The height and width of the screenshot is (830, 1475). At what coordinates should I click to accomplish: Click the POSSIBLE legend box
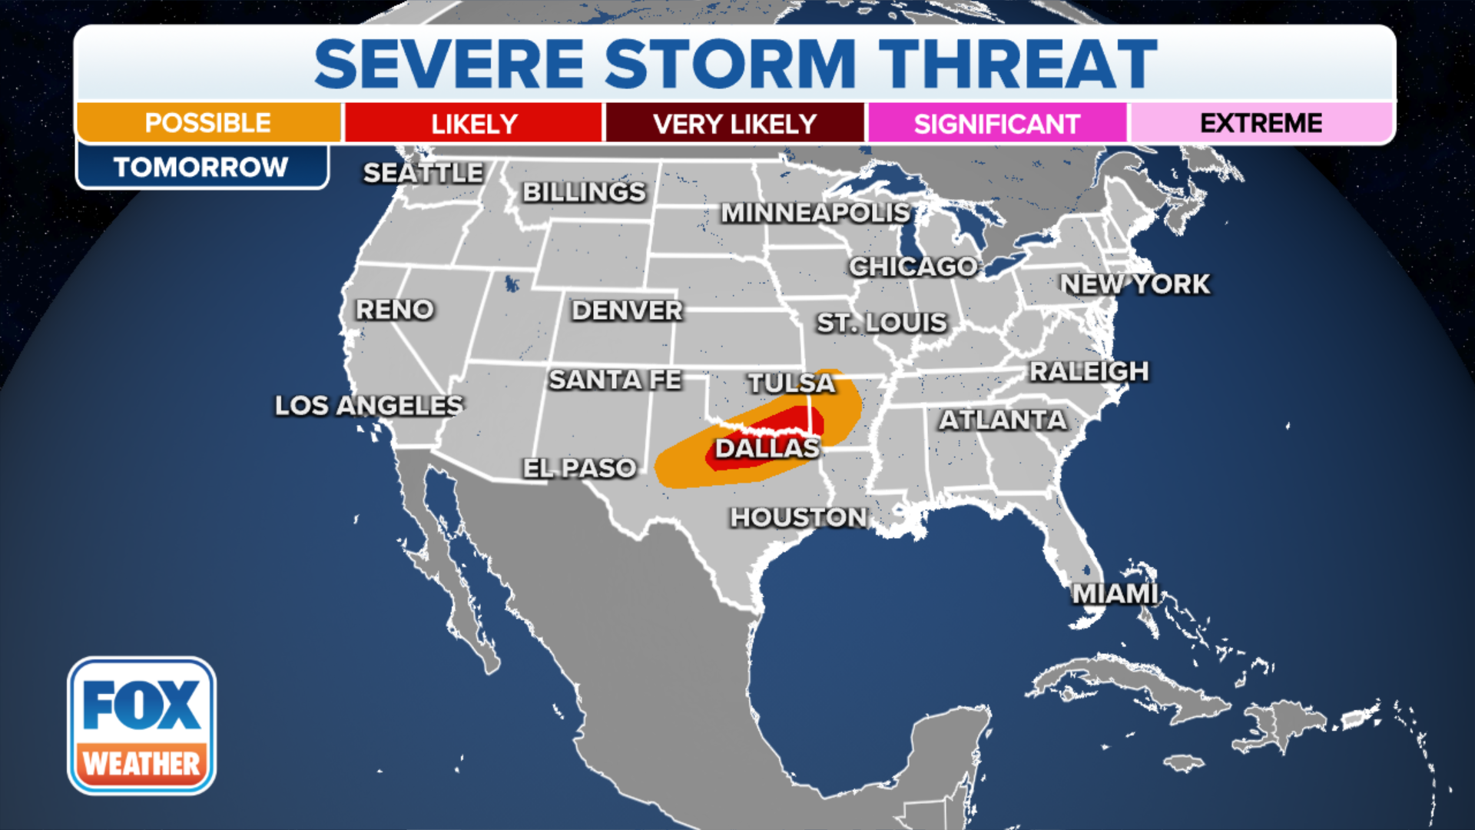click(208, 123)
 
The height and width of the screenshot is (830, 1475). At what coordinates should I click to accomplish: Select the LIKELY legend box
click(473, 124)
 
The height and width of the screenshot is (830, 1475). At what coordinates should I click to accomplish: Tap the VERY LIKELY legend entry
click(735, 124)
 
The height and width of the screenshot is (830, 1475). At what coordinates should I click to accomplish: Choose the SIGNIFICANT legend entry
click(996, 124)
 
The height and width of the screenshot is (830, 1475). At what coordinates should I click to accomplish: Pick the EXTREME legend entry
click(1261, 123)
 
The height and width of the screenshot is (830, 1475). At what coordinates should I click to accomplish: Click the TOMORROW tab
click(201, 167)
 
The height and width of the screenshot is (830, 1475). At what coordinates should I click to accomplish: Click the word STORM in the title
click(730, 65)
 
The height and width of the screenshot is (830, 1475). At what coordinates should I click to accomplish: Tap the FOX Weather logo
click(141, 725)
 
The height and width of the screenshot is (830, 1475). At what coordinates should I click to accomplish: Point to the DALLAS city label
click(767, 448)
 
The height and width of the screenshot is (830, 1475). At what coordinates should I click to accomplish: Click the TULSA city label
click(791, 383)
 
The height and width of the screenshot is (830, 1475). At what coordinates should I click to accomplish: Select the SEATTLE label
click(423, 173)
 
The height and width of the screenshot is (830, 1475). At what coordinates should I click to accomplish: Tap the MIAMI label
click(1115, 593)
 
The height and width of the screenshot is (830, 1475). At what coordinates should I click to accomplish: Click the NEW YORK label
click(1135, 284)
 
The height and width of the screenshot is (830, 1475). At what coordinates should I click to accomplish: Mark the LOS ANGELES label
click(370, 405)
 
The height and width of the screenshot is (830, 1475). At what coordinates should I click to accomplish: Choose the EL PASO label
click(579, 467)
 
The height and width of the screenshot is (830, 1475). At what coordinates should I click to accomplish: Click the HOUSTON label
click(799, 517)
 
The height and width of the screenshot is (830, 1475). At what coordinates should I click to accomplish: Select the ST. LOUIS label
click(882, 323)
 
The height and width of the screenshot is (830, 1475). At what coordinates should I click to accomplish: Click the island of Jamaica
click(1184, 763)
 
